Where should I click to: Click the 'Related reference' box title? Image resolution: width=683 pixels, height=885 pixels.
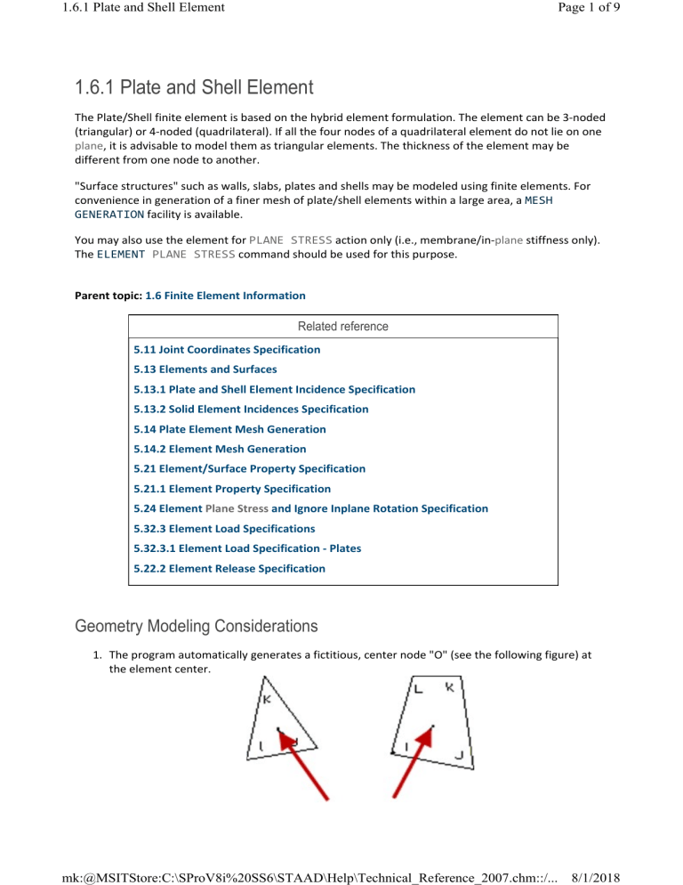point(343,327)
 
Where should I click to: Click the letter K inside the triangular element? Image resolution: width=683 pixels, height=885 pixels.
point(267,700)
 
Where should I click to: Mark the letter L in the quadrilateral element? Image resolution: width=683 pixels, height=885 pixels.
point(416,689)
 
